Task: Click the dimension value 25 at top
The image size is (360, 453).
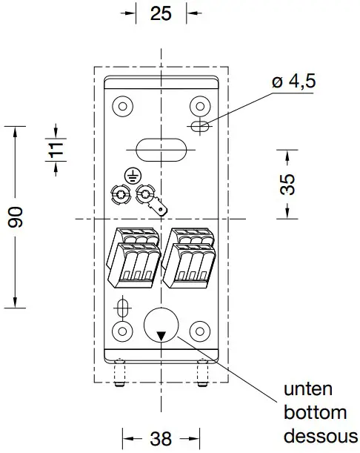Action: click(161, 13)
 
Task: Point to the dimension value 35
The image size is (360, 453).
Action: click(287, 183)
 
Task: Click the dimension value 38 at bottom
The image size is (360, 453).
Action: click(161, 438)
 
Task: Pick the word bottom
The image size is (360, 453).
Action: click(316, 413)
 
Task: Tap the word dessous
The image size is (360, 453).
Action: click(321, 436)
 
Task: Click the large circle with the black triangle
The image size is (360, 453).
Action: click(161, 325)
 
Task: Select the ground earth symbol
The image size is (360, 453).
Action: click(131, 176)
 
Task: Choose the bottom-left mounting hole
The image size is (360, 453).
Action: click(122, 330)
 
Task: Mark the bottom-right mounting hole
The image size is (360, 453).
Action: click(198, 330)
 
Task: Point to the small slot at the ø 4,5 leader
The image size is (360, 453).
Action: click(199, 126)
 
